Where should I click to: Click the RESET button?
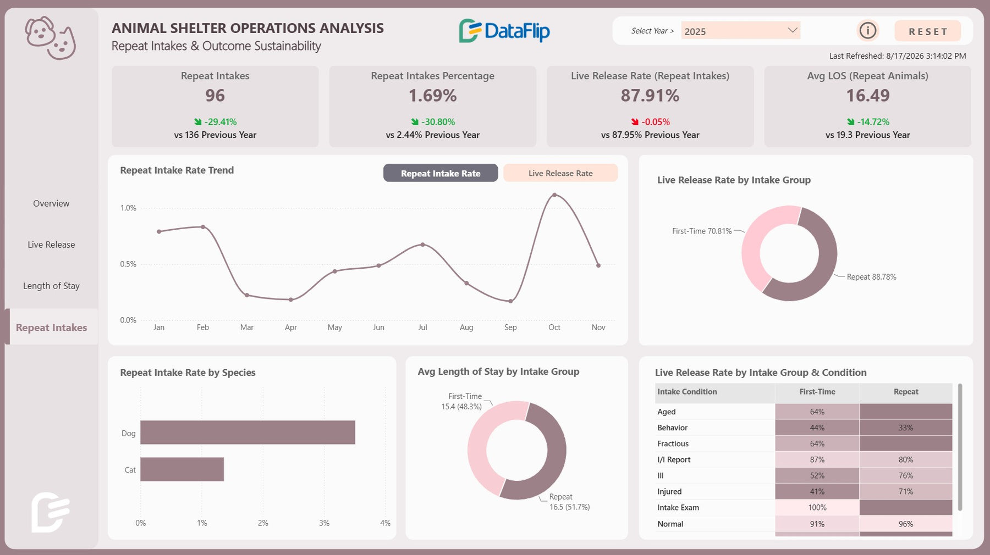928,31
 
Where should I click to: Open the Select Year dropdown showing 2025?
740,31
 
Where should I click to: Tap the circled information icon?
868,30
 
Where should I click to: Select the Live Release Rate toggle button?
560,173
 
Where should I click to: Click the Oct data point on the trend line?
554,195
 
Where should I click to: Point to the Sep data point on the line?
510,301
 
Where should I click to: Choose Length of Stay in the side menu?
51,286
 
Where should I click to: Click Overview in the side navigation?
51,203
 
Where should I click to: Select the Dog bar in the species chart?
248,432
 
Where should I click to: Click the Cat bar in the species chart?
182,469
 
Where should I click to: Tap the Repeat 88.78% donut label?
871,277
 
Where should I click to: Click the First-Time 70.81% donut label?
702,231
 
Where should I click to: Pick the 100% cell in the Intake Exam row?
817,507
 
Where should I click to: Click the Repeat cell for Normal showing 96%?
906,524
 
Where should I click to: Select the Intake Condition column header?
687,392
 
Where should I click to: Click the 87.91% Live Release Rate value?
650,96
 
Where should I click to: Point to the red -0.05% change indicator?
650,122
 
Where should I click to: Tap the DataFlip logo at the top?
504,31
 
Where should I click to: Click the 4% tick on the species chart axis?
385,523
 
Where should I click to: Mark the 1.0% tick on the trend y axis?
128,208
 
